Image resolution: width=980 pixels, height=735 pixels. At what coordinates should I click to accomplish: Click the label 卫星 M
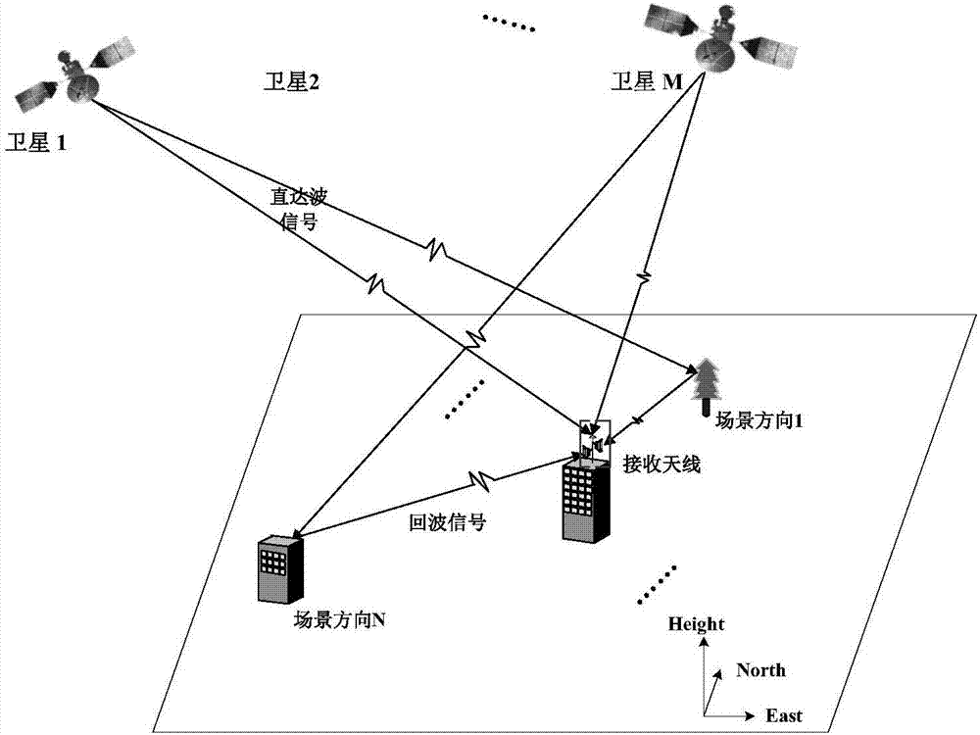[x=646, y=83]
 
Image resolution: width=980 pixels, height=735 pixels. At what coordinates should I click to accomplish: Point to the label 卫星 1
[x=37, y=142]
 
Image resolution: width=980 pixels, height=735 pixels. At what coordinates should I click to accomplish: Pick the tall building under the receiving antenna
[x=587, y=500]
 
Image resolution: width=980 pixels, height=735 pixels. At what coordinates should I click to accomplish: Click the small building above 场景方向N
[x=278, y=569]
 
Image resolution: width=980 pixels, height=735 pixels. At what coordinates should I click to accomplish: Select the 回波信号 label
[x=447, y=522]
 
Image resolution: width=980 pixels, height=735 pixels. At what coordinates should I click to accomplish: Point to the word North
[x=760, y=670]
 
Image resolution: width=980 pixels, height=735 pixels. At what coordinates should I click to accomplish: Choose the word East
[x=784, y=716]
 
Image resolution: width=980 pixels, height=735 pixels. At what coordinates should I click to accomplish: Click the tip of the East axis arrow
[x=754, y=715]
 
